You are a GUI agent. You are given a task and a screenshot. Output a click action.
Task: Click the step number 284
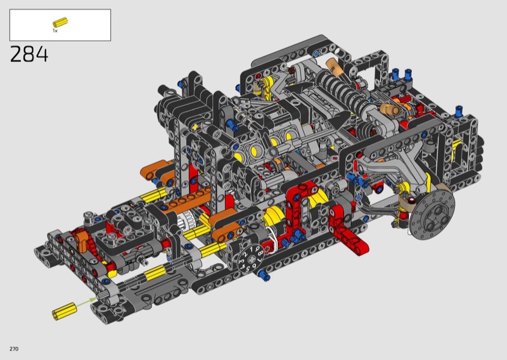pos(29,54)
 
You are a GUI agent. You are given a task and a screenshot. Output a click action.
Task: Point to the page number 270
pos(14,349)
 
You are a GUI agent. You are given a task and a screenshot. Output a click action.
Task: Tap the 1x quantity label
pos(55,30)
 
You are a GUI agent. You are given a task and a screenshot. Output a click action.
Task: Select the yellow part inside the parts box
pos(60,22)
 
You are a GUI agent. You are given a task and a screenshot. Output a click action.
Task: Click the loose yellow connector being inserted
pos(65,311)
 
